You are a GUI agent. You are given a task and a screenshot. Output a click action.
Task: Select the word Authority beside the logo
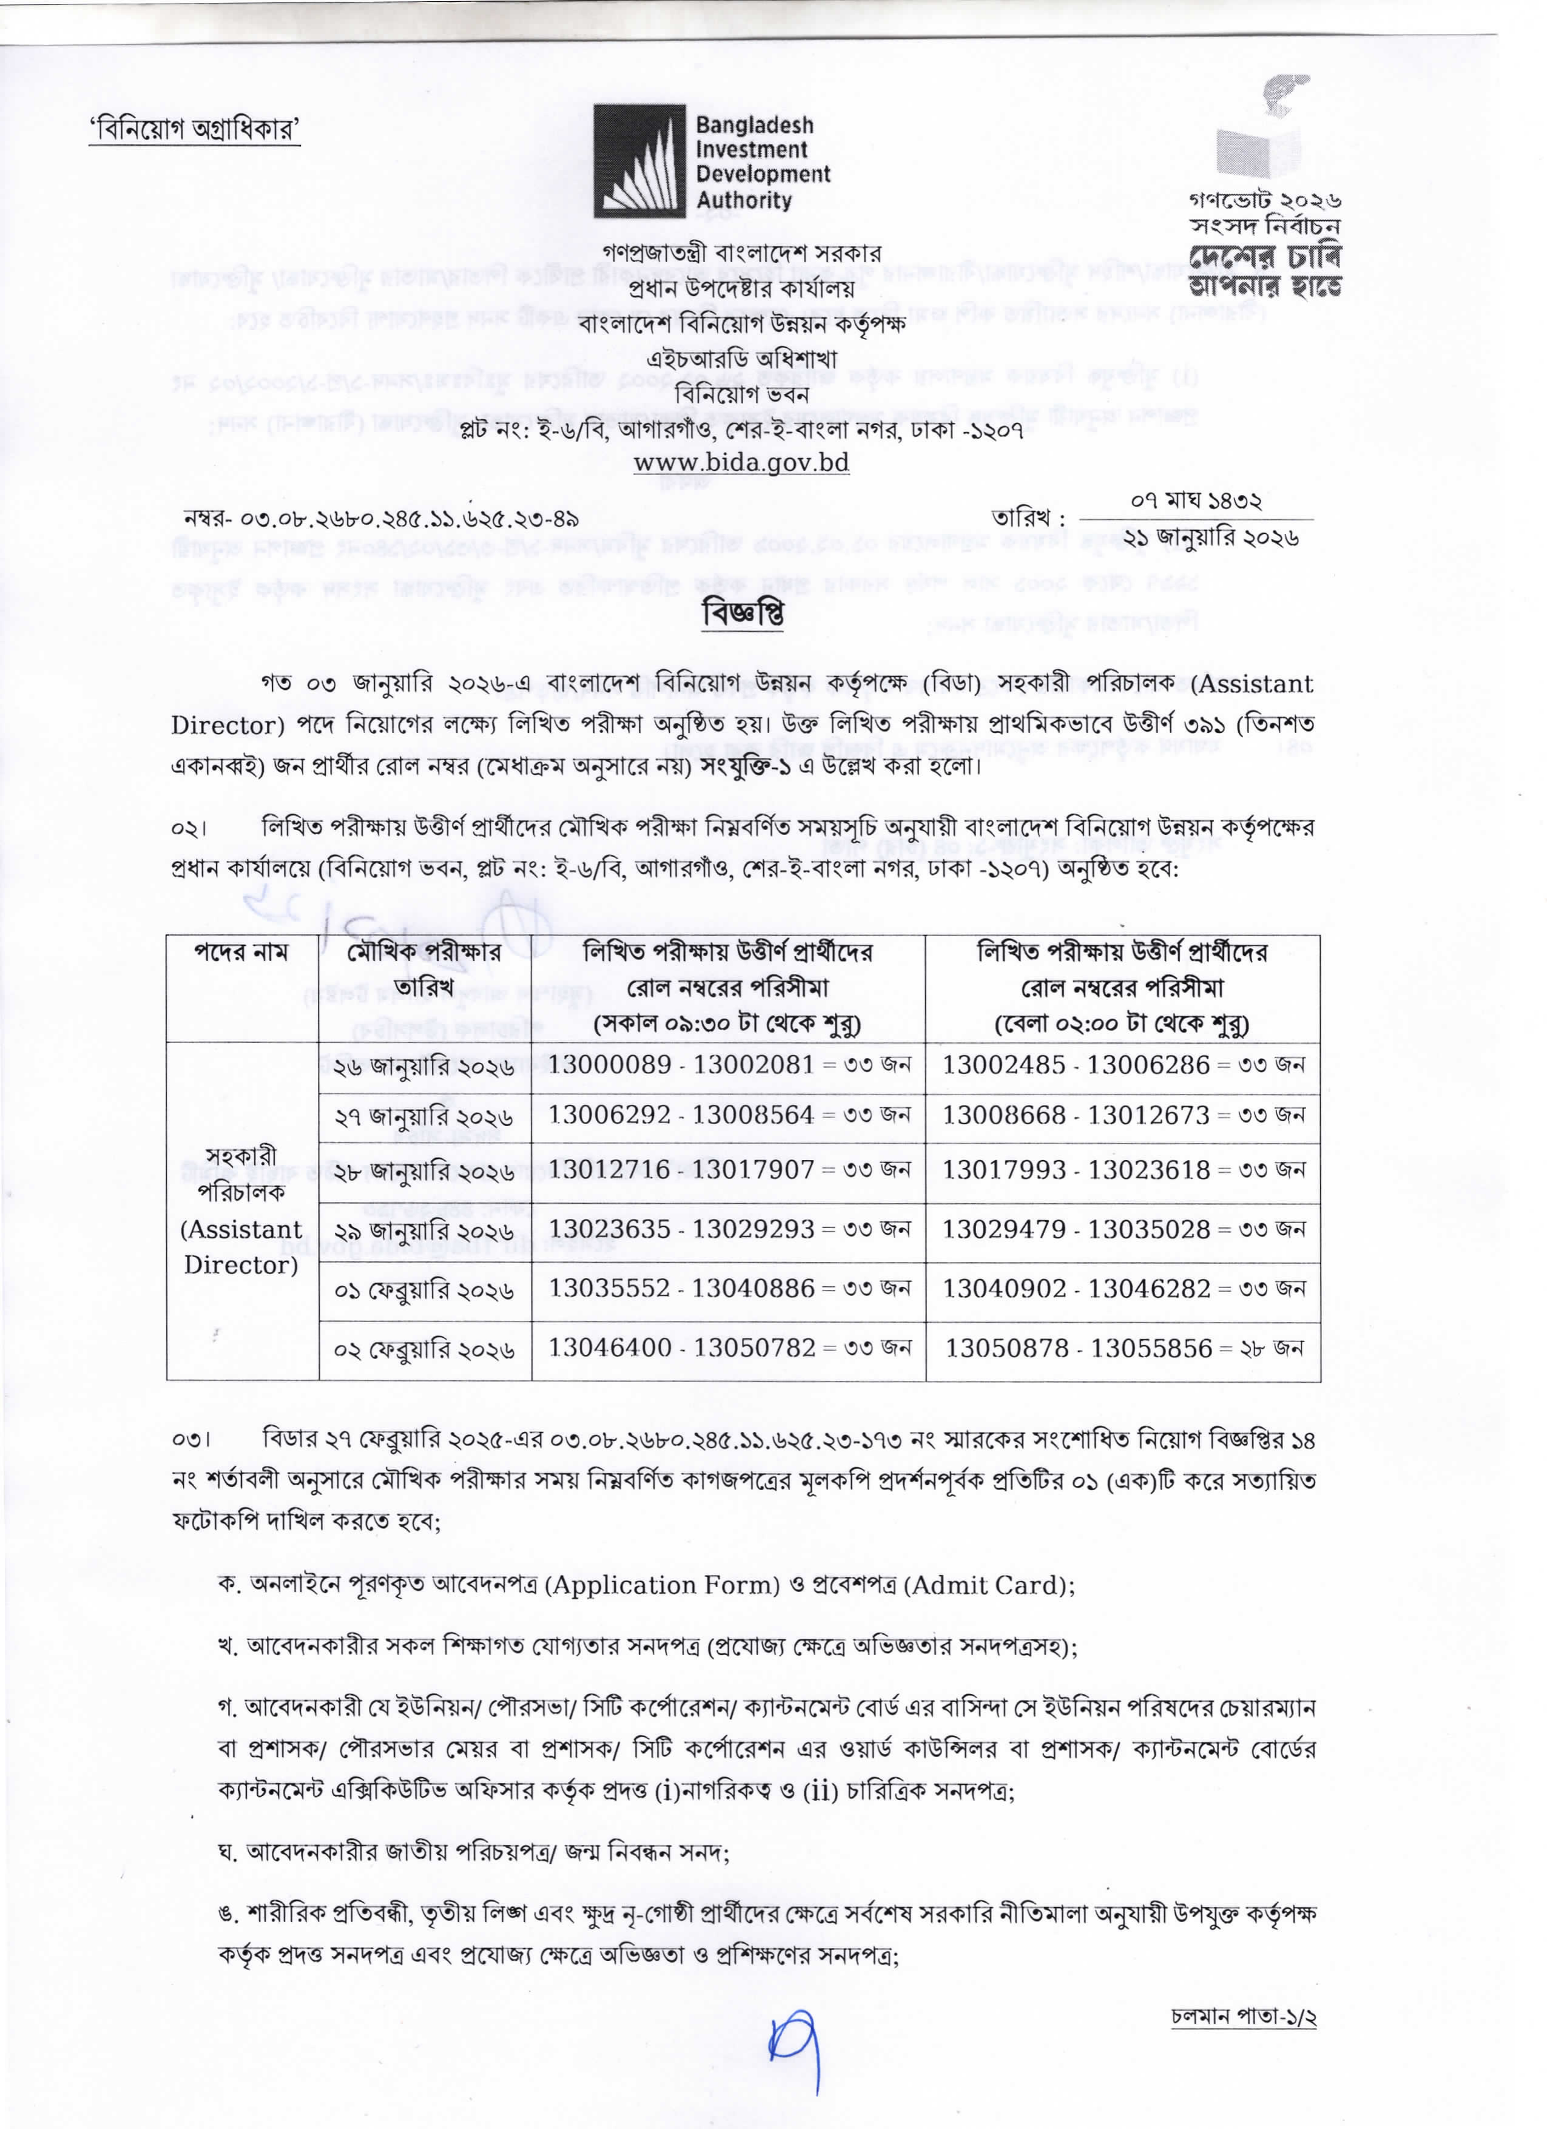[743, 200]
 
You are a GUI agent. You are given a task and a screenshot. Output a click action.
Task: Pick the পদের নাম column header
[242, 952]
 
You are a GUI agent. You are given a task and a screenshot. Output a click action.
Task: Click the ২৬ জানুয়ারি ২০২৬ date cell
[424, 1067]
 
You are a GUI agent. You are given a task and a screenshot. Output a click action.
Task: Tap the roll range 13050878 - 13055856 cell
[1123, 1348]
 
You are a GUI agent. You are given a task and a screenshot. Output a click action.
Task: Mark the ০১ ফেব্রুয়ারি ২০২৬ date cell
[424, 1290]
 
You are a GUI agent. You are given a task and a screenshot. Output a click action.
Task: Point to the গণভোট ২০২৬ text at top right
[1264, 200]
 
